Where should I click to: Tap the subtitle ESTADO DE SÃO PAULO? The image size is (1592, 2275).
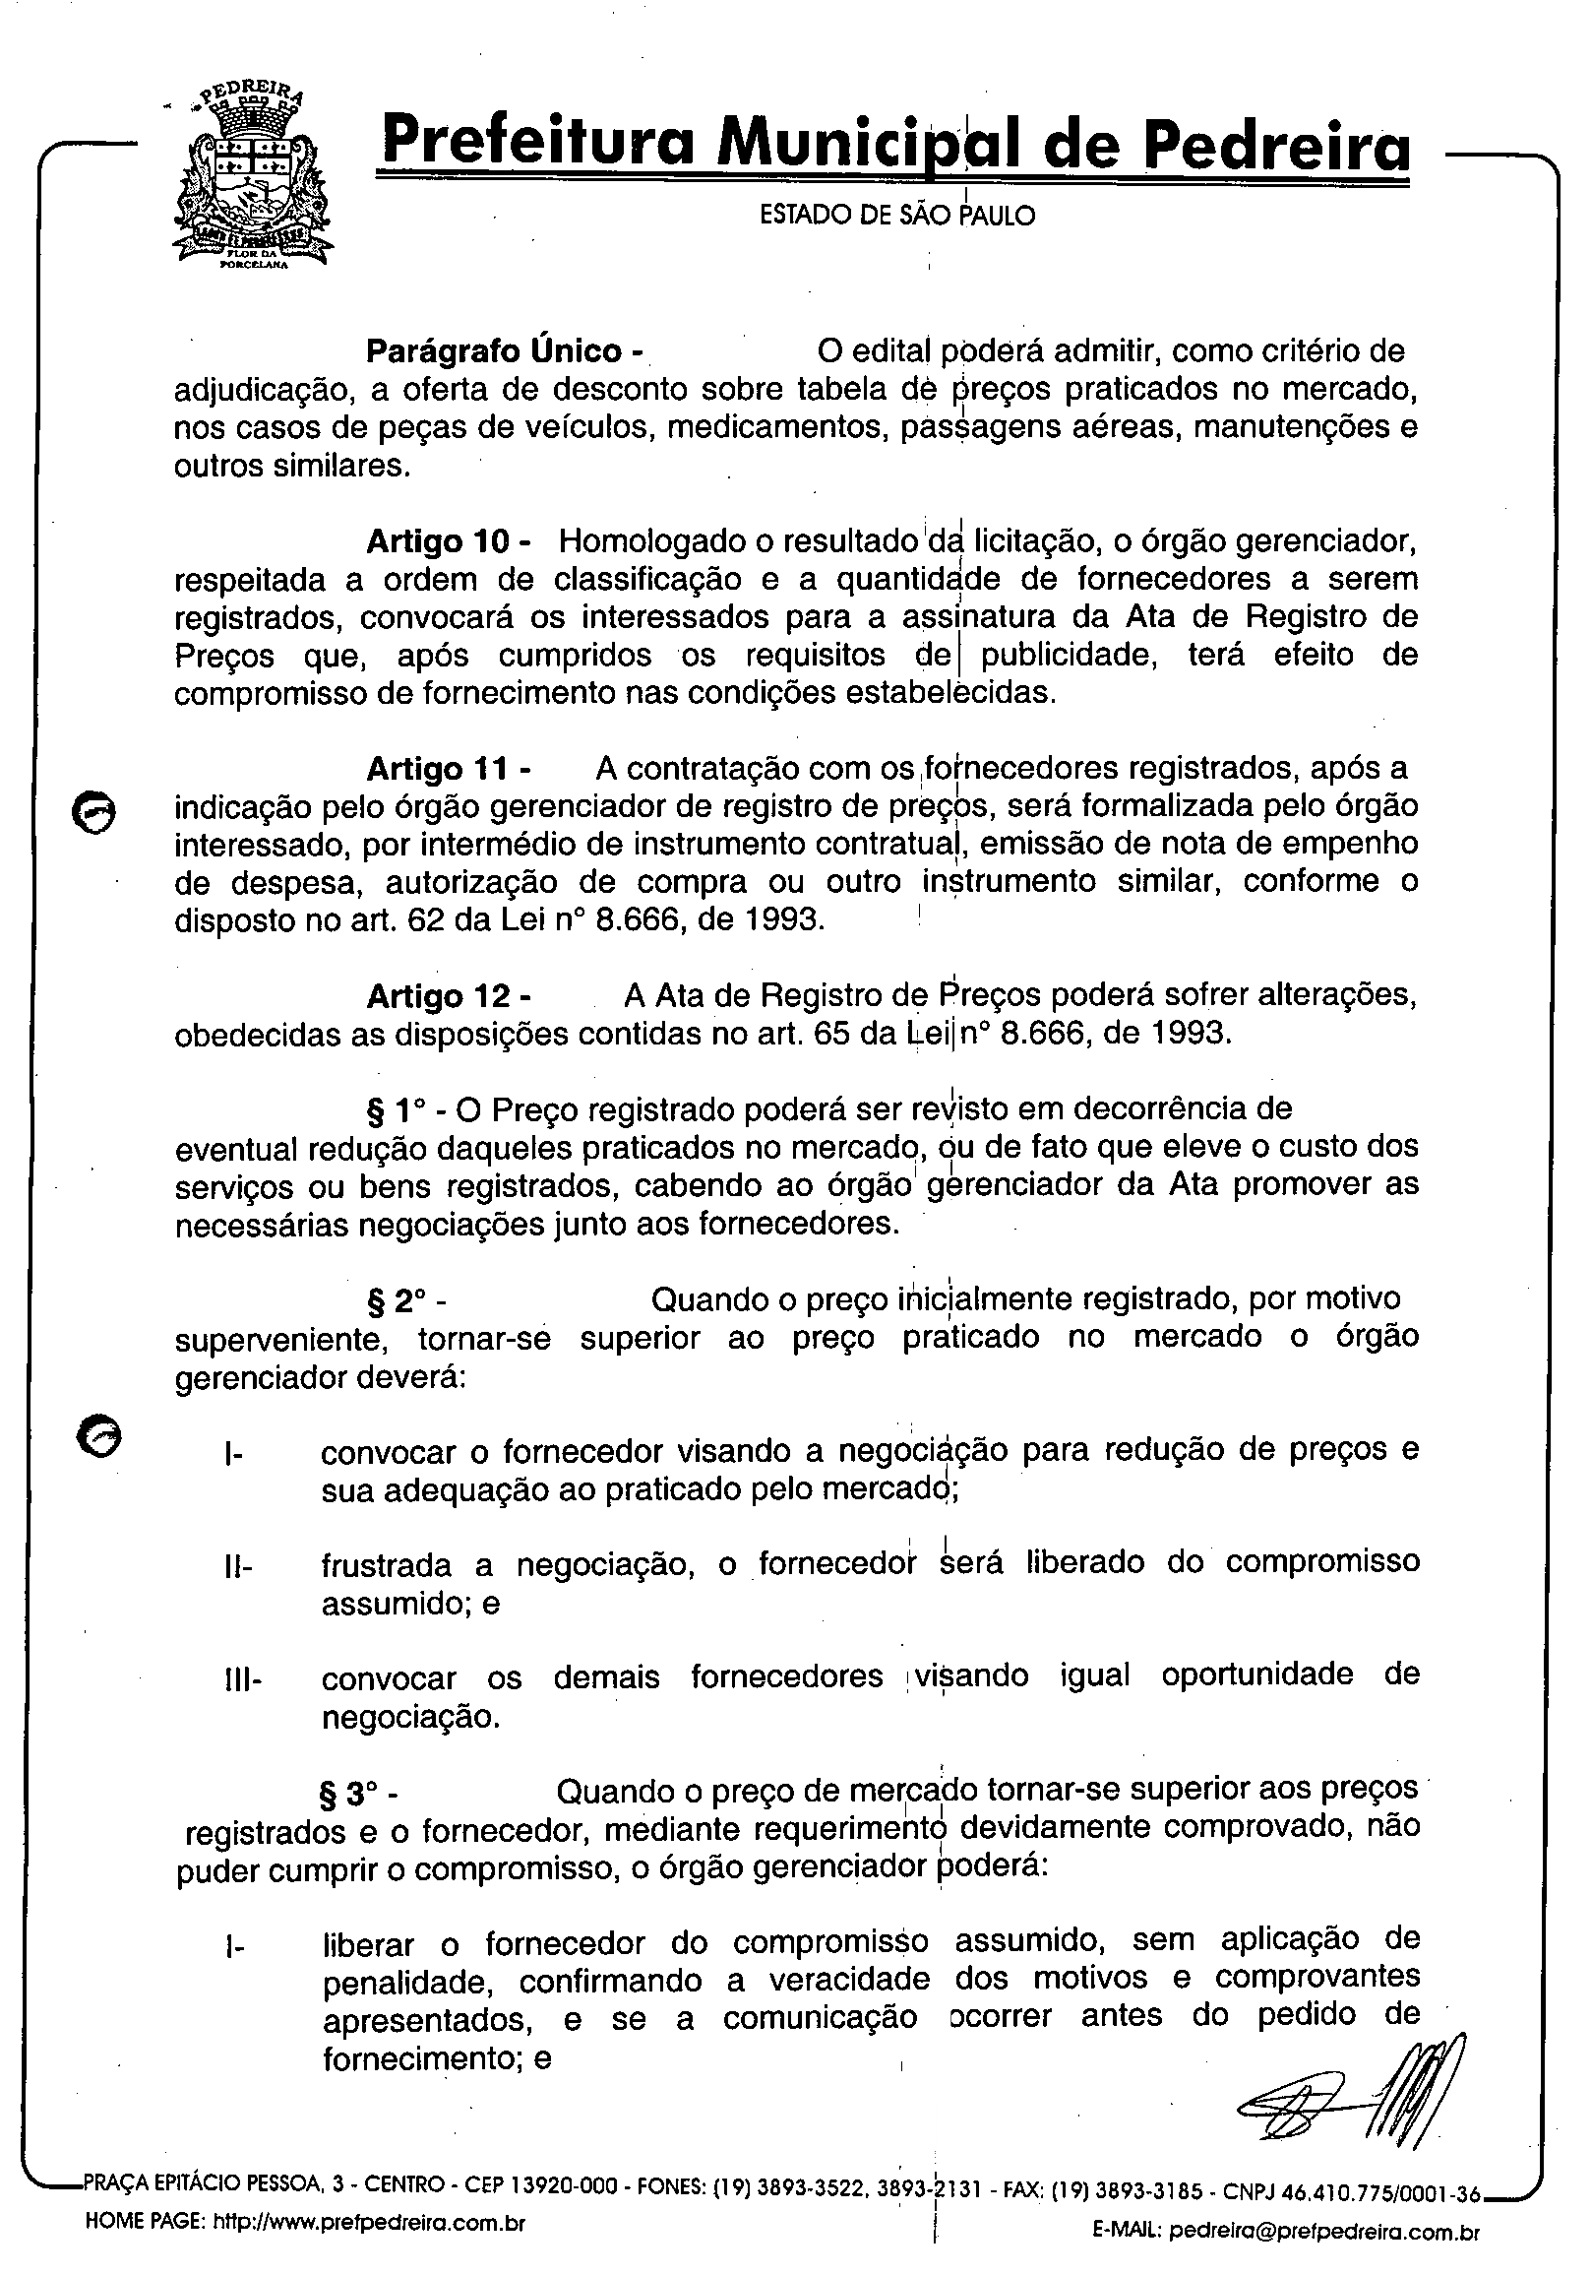(896, 215)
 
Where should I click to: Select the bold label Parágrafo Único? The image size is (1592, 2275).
(505, 351)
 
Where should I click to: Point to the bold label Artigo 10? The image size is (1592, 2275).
(448, 542)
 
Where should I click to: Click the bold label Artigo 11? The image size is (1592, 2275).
(448, 769)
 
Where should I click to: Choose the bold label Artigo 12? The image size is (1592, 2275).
(448, 996)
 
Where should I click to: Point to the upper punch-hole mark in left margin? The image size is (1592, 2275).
(95, 812)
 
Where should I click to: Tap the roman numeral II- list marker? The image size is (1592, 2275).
(239, 1567)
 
